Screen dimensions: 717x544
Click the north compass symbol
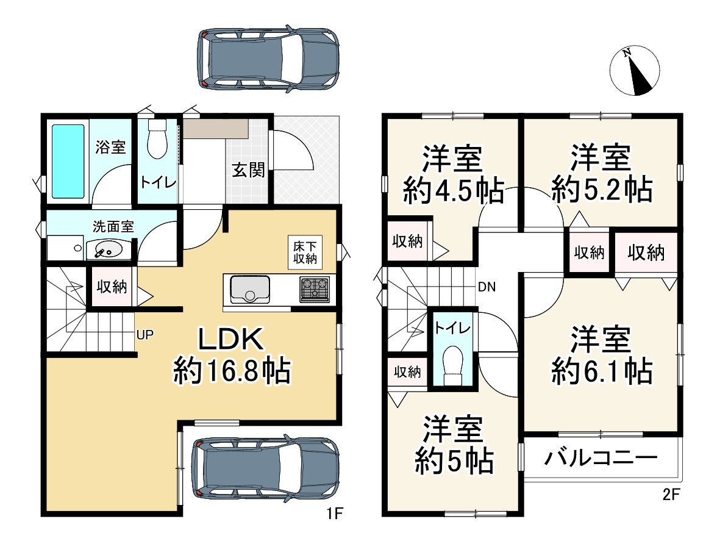coord(635,71)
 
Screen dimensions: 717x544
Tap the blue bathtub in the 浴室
coord(68,161)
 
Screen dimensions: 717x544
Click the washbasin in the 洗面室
coord(108,250)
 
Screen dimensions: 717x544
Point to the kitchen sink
coord(250,288)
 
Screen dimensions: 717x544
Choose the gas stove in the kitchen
coord(315,289)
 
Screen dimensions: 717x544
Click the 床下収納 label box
coord(305,252)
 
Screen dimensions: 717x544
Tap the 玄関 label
coord(248,170)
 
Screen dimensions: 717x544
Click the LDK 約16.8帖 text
coord(232,355)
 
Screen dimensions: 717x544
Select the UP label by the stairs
coord(145,335)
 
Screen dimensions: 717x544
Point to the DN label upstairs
coord(487,287)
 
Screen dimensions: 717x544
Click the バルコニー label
coord(601,457)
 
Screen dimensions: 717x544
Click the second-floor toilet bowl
coord(454,364)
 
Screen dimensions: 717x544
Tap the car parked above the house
coord(268,59)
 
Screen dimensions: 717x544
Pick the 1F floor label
coord(335,514)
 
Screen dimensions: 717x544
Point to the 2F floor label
coord(671,495)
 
